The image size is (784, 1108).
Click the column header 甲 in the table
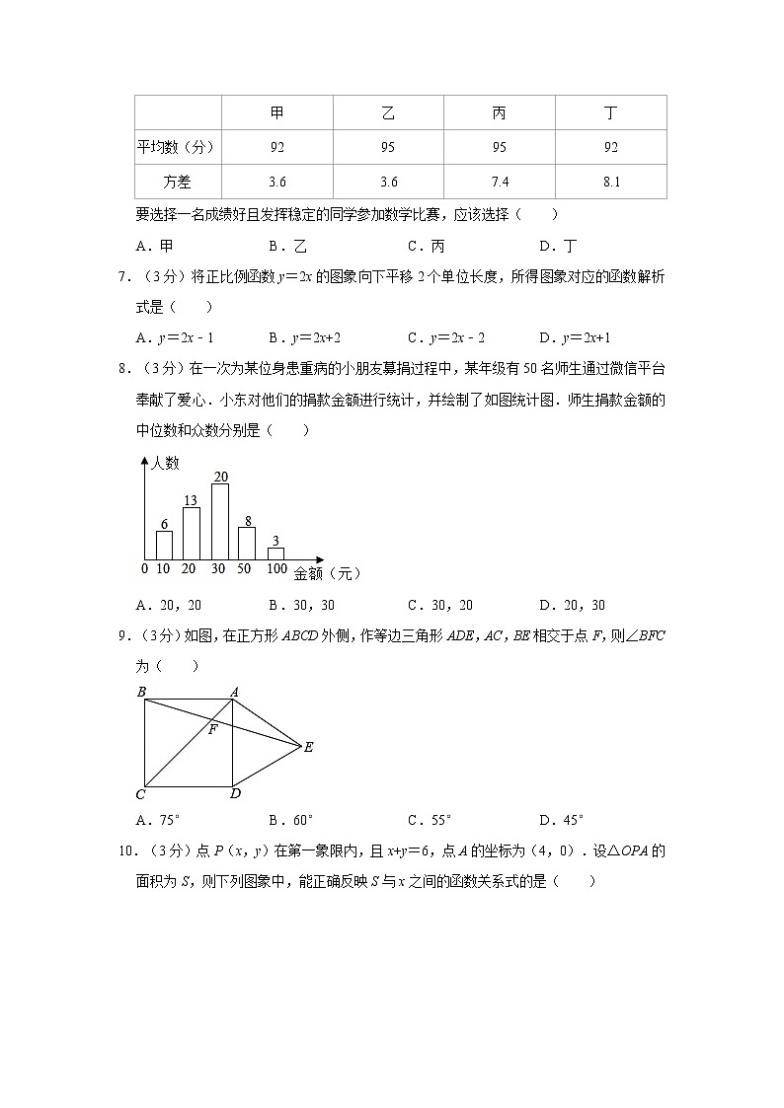click(x=277, y=113)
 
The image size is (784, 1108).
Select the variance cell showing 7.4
click(x=499, y=182)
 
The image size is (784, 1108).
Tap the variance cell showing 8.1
click(x=610, y=182)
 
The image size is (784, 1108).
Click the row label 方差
click(x=178, y=182)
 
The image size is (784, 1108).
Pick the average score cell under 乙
click(x=388, y=148)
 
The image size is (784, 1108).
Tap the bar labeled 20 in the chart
click(x=220, y=522)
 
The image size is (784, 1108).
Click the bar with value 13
click(x=192, y=534)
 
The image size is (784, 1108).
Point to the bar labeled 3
click(x=276, y=554)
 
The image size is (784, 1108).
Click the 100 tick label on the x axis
click(x=276, y=569)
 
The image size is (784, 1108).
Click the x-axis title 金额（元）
click(x=327, y=572)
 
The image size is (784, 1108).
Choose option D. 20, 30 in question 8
click(x=572, y=605)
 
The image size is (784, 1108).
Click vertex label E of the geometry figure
click(x=308, y=748)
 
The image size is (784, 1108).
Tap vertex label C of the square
click(x=140, y=794)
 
